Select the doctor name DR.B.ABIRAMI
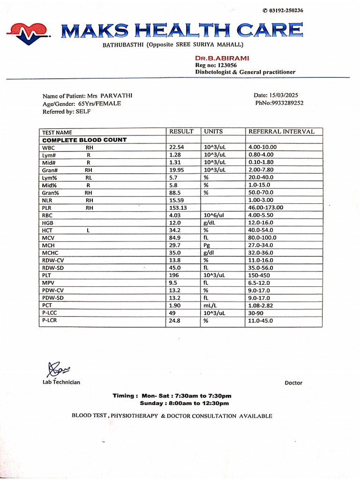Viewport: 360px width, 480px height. (222, 58)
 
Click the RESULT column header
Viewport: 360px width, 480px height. (181, 132)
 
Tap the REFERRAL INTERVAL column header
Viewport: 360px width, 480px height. (281, 132)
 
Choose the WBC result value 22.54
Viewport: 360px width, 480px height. (177, 147)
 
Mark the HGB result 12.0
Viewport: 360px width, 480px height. (175, 223)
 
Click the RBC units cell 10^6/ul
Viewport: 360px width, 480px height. (214, 215)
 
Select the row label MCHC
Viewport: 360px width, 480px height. (49, 253)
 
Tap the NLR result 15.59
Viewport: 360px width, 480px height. (177, 200)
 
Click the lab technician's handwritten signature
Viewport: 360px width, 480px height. (57, 369)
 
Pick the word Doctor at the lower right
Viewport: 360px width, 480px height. (293, 383)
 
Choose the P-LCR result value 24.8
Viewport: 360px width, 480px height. (175, 321)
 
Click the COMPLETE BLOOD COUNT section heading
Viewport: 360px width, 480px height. (84, 140)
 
